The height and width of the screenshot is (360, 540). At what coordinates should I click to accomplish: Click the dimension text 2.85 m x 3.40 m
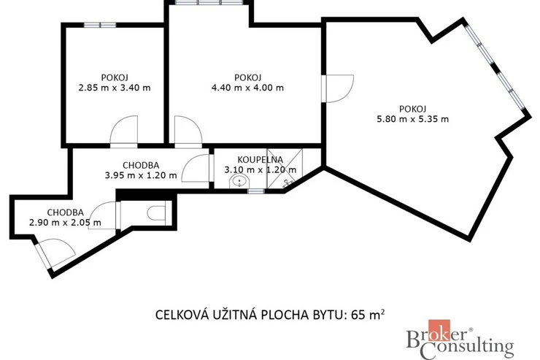click(x=115, y=88)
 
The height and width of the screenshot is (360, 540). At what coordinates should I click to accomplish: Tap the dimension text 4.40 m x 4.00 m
click(x=247, y=88)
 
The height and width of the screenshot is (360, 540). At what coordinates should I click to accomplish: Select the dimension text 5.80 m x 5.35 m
click(x=413, y=119)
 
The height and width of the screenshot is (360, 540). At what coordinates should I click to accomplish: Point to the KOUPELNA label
click(x=261, y=160)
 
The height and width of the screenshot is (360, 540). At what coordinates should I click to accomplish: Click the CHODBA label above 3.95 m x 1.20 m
click(x=141, y=165)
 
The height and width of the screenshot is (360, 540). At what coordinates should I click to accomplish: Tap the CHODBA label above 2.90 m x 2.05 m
click(x=66, y=212)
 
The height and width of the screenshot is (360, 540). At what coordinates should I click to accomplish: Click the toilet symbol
click(x=157, y=213)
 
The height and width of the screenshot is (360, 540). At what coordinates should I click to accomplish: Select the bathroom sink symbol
click(x=239, y=181)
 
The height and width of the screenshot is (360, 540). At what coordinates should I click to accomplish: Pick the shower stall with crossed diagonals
click(x=285, y=169)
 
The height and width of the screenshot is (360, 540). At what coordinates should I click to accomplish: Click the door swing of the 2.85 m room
click(x=123, y=130)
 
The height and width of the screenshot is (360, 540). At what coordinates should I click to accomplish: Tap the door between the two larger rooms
click(x=338, y=88)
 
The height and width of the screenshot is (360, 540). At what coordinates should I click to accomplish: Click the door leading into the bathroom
click(x=196, y=168)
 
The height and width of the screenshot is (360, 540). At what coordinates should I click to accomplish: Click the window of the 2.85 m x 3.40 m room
click(x=100, y=25)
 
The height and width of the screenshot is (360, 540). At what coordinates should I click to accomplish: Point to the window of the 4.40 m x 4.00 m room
click(x=209, y=2)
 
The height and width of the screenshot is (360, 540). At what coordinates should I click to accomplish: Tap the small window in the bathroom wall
click(x=256, y=191)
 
